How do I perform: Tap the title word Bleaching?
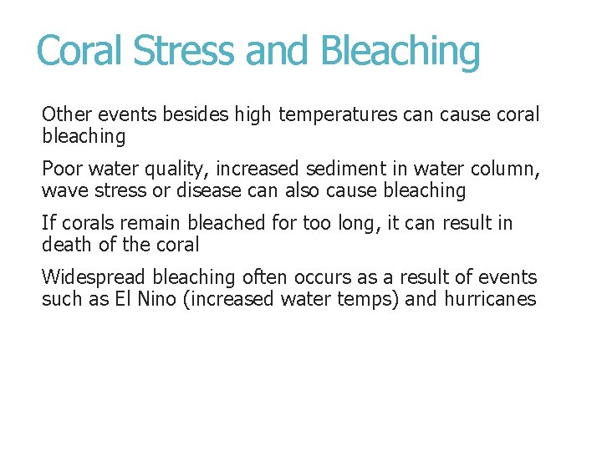[x=400, y=52]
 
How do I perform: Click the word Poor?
[x=62, y=169]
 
